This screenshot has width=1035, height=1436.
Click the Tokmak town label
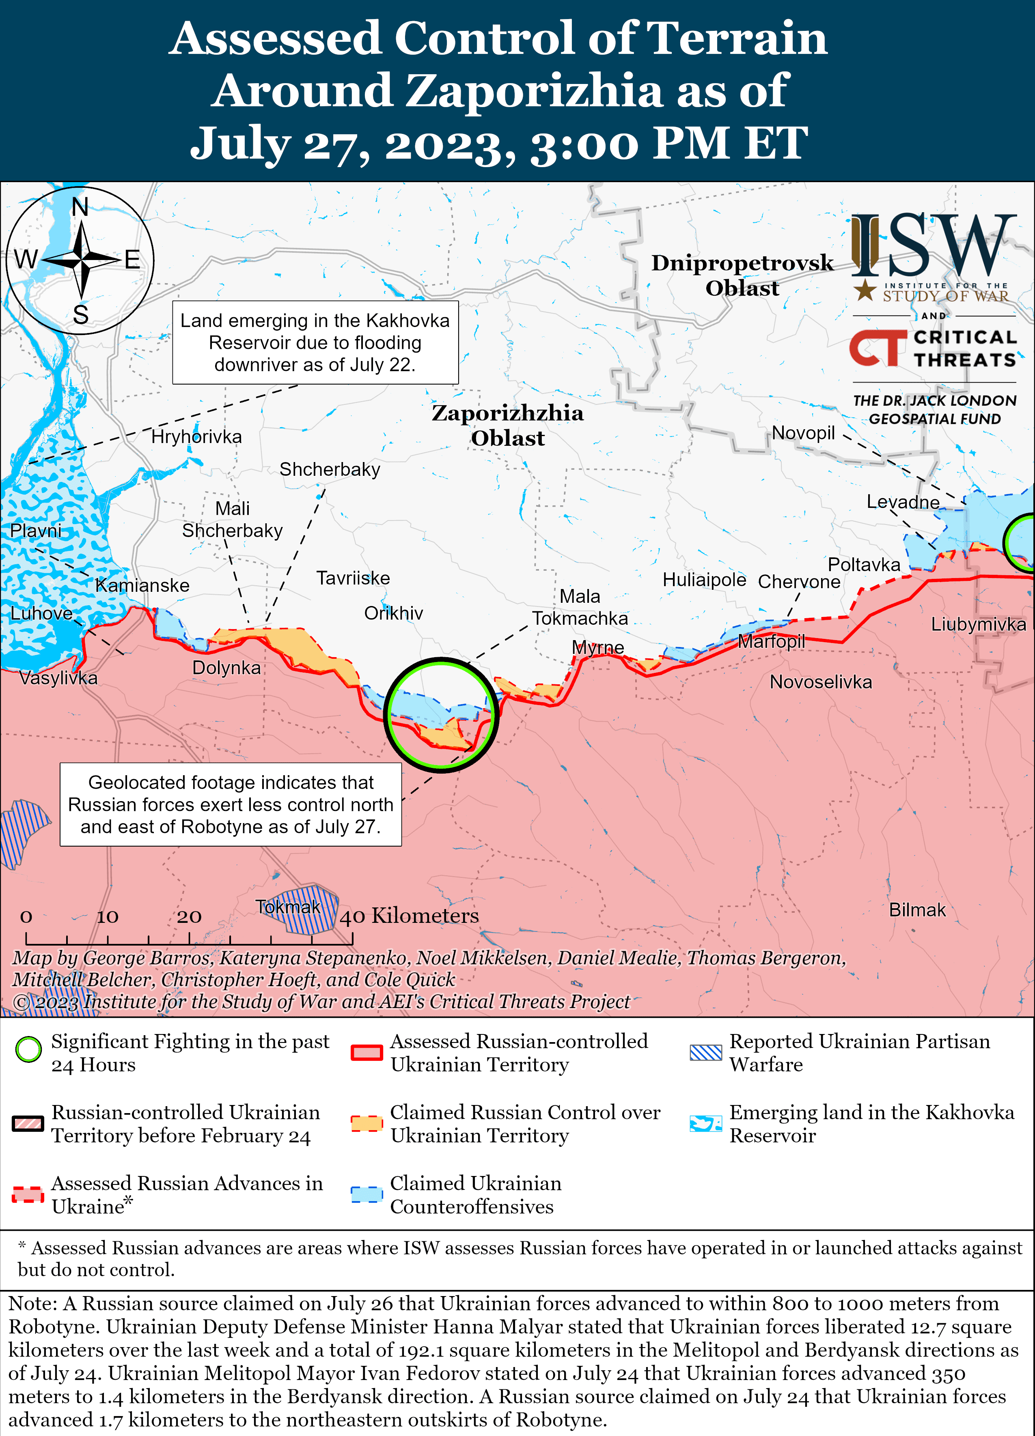click(x=288, y=907)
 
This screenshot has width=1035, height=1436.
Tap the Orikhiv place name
click(x=393, y=613)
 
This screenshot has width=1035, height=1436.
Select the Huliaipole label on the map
click(x=704, y=579)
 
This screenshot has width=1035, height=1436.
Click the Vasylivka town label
click(x=58, y=678)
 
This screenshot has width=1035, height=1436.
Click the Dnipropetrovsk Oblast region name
click(x=742, y=275)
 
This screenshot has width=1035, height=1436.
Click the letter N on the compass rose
click(x=80, y=207)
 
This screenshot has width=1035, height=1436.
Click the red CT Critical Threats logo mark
click(x=877, y=348)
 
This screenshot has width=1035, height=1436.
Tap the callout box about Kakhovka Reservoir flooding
click(x=315, y=342)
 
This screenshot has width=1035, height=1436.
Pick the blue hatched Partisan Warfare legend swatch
click(x=705, y=1052)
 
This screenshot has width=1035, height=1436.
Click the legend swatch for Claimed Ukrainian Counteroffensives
click(x=367, y=1194)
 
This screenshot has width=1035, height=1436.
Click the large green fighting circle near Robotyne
click(x=442, y=714)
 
